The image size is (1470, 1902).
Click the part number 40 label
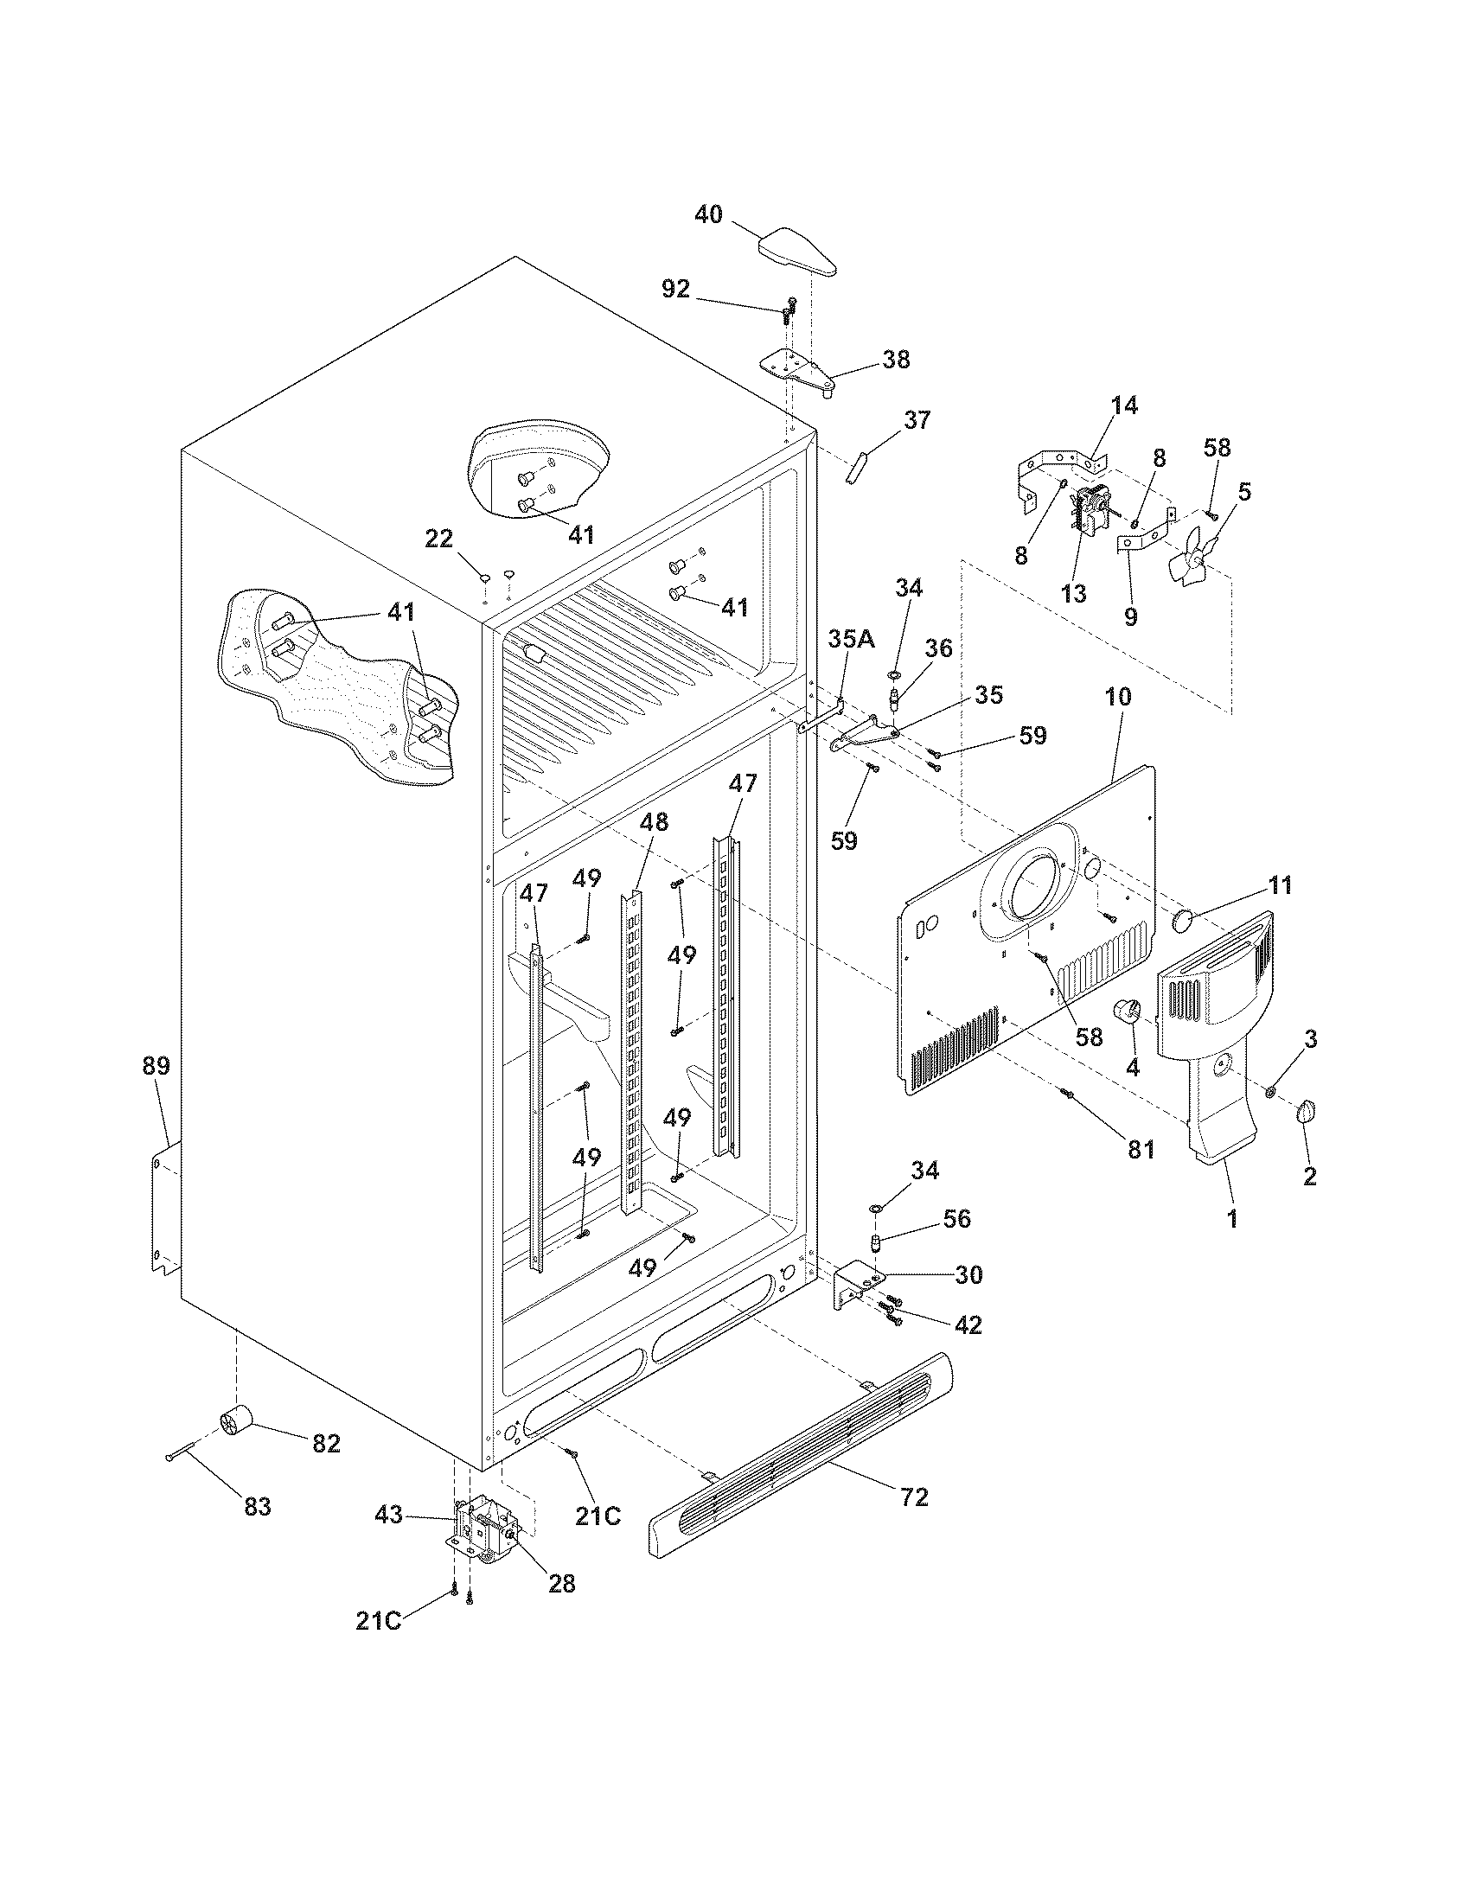tap(709, 214)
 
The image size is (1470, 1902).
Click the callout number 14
tap(1123, 405)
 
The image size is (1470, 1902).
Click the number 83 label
tap(257, 1506)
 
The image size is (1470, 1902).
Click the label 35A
tap(852, 639)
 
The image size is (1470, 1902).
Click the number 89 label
tap(157, 1066)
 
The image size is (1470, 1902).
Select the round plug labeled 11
tap(1184, 920)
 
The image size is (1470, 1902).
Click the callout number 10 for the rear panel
tap(1119, 697)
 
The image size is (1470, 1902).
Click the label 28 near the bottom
tap(562, 1583)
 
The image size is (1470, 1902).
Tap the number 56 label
tap(956, 1218)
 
